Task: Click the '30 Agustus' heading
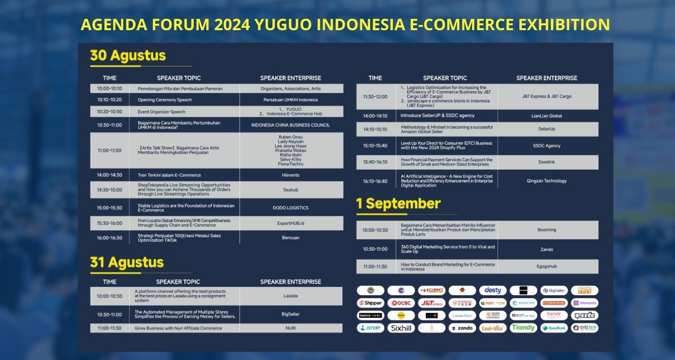[127, 56]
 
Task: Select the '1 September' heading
[398, 204]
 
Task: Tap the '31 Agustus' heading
[127, 262]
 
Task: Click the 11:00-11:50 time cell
[109, 150]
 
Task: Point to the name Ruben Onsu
[291, 137]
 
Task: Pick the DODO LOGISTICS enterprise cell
[291, 208]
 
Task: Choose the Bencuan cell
[291, 238]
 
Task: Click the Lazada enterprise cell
[291, 296]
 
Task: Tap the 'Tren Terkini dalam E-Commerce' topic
[169, 175]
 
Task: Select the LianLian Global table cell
[547, 116]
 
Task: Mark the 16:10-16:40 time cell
[375, 181]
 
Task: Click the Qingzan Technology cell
[547, 181]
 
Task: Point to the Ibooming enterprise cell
[547, 230]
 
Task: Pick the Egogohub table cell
[547, 266]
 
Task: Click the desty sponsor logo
[493, 290]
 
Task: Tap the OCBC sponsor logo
[401, 303]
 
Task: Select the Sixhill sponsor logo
[401, 328]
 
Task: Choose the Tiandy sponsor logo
[523, 328]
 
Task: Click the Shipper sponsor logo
[371, 303]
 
